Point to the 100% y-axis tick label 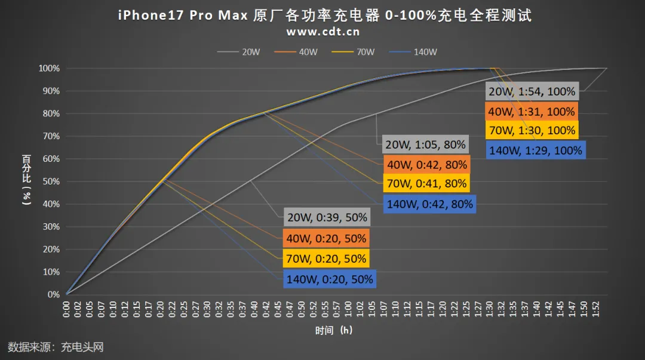(x=49, y=69)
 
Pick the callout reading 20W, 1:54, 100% (x=532, y=92)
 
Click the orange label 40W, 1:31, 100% (x=532, y=112)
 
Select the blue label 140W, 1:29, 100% (x=535, y=150)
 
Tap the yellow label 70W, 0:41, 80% (x=425, y=184)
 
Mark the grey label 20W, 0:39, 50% (x=326, y=217)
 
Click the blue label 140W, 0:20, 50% (x=329, y=279)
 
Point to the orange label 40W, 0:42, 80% (x=425, y=165)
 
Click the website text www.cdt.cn (x=322, y=31)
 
